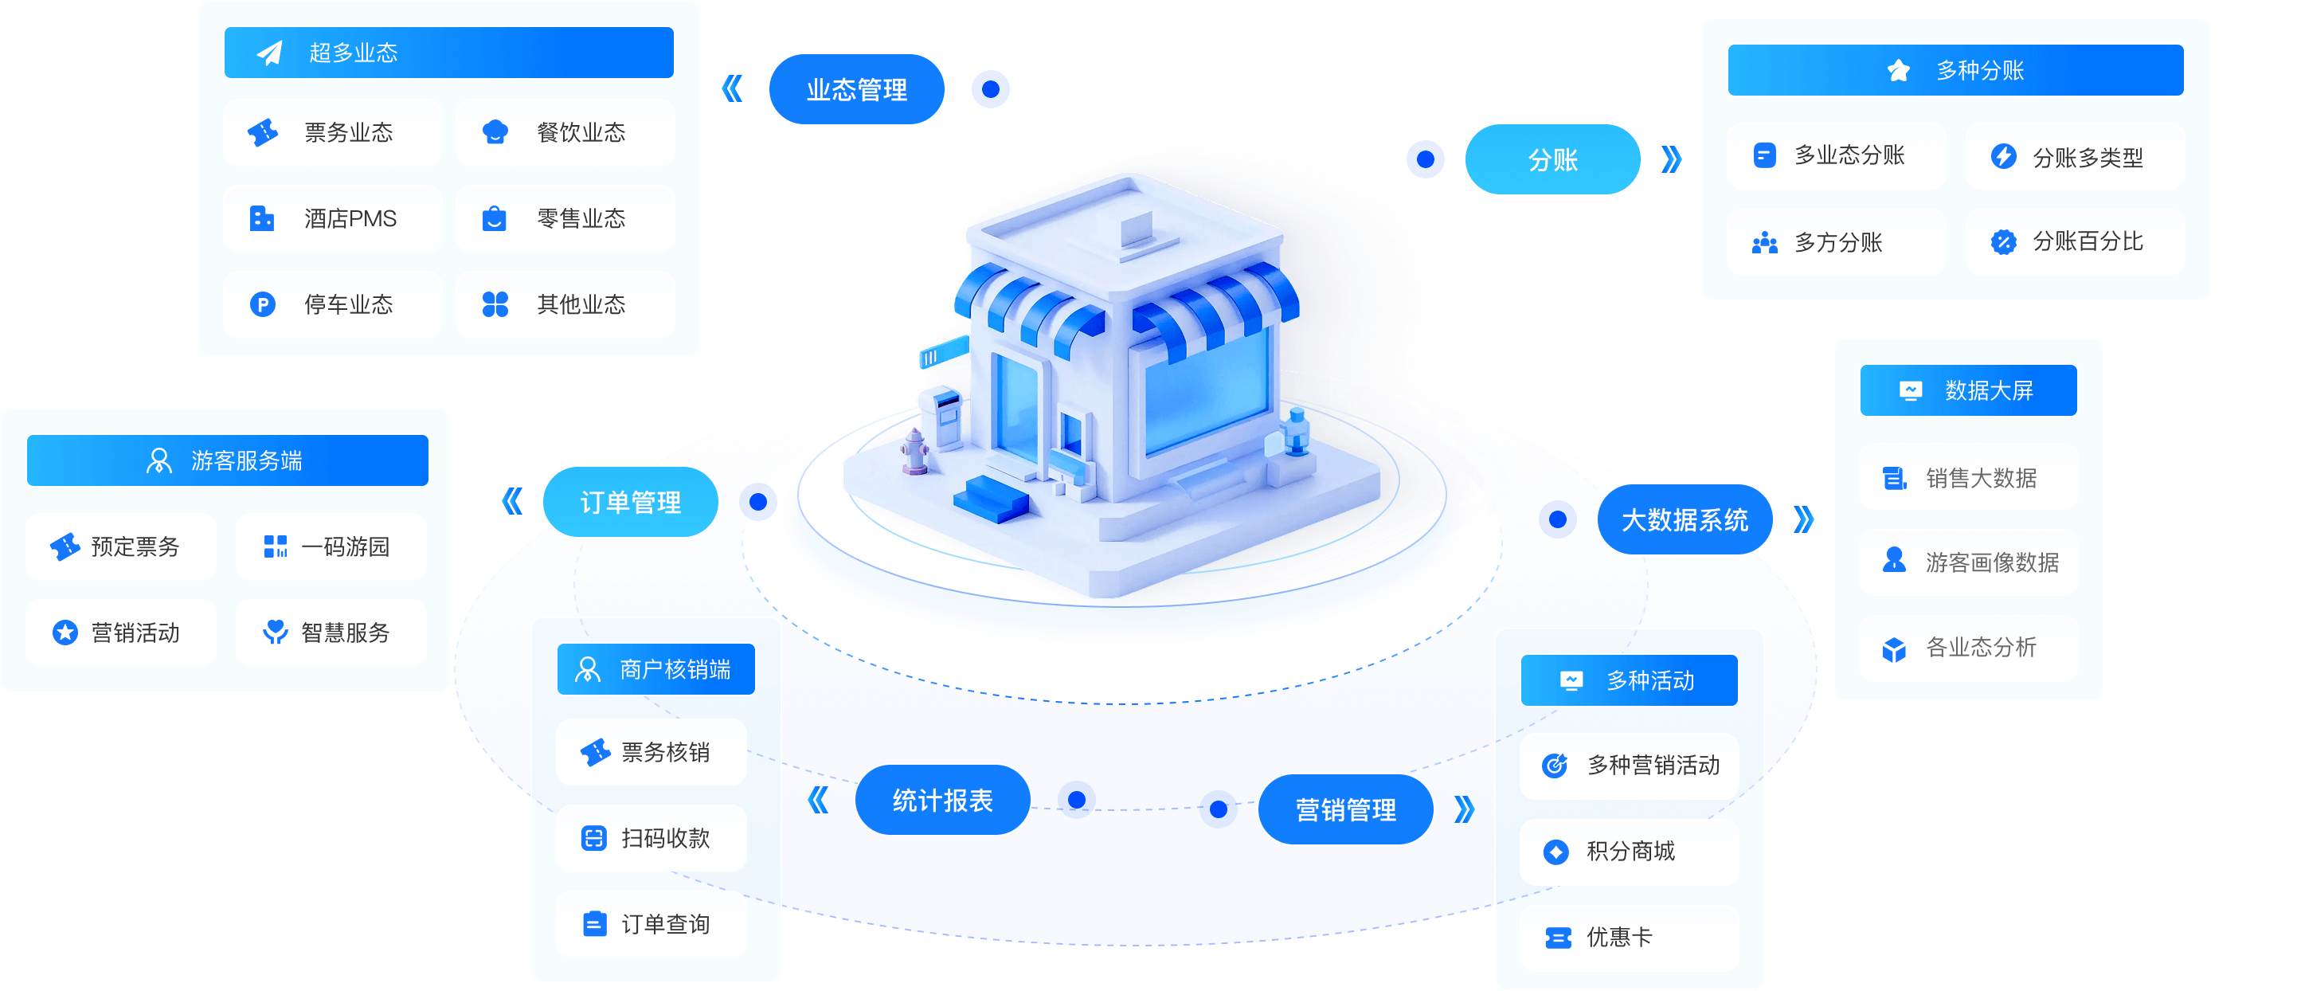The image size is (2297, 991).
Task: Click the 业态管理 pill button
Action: pyautogui.click(x=856, y=89)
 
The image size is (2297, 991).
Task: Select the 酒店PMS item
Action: pyautogui.click(x=333, y=218)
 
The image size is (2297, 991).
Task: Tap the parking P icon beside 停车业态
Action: pyautogui.click(x=262, y=305)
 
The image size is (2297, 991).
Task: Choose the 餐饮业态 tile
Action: pyautogui.click(x=565, y=133)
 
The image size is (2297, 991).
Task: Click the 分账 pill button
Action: pyautogui.click(x=1552, y=159)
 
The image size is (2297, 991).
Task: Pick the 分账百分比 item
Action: pyautogui.click(x=2075, y=241)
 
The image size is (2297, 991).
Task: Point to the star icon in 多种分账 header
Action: pyautogui.click(x=1899, y=70)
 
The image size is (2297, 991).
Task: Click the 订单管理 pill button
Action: pyautogui.click(x=629, y=502)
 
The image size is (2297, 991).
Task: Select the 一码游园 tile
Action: pyautogui.click(x=331, y=546)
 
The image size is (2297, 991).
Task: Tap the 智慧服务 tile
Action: pyautogui.click(x=331, y=633)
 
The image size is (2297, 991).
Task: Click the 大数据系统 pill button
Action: pyautogui.click(x=1685, y=520)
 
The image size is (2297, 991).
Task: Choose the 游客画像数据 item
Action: pyautogui.click(x=1968, y=562)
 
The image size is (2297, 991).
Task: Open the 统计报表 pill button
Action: pyautogui.click(x=942, y=800)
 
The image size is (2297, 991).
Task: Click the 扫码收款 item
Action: pyautogui.click(x=651, y=839)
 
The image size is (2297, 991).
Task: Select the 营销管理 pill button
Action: pyautogui.click(x=1345, y=809)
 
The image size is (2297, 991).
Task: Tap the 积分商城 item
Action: pyautogui.click(x=1629, y=852)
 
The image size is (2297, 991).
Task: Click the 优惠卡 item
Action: pyautogui.click(x=1629, y=938)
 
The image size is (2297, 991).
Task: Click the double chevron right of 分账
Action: pyautogui.click(x=1672, y=159)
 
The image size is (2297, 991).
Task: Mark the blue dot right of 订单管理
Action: pyautogui.click(x=758, y=502)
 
